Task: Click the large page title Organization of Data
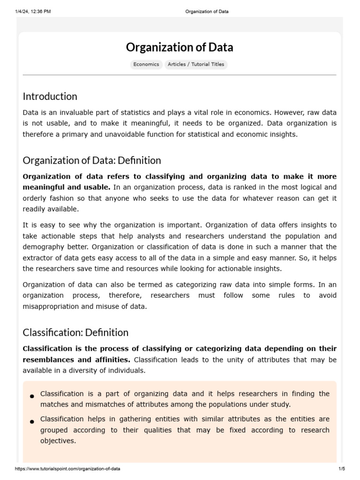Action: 180,47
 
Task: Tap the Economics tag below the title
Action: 146,65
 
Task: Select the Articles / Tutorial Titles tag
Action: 196,65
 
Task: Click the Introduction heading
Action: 50,97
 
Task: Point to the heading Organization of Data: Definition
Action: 91,160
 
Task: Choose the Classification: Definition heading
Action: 75,333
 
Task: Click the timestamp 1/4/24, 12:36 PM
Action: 33,12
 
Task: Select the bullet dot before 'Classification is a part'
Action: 32,397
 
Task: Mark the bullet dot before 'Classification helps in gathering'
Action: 32,422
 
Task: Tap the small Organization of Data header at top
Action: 206,12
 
